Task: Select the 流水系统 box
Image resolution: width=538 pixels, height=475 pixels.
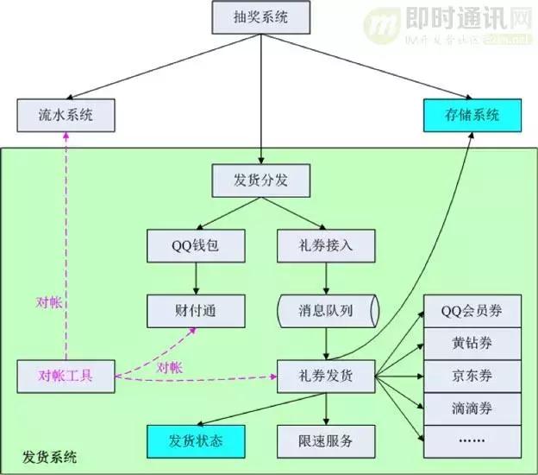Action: tap(66, 116)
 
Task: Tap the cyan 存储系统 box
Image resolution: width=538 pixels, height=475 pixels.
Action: tap(473, 115)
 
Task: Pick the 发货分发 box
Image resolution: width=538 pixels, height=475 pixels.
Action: tap(260, 181)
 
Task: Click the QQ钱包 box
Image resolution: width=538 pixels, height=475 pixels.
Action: tap(196, 245)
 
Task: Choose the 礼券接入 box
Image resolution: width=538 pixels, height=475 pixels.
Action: tap(327, 245)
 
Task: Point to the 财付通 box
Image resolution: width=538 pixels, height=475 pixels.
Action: tap(196, 308)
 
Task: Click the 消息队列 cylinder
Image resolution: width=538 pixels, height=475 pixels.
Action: tap(327, 308)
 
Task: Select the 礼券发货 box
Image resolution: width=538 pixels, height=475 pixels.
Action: tap(327, 376)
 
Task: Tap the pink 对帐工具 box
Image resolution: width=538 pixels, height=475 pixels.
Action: tap(66, 376)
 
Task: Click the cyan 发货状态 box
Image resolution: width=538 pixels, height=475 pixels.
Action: tap(196, 440)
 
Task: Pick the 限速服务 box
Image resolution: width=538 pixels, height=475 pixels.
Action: tap(327, 440)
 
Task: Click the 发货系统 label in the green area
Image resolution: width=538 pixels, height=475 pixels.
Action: tap(48, 456)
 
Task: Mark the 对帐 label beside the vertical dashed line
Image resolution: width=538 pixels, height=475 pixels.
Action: tap(48, 302)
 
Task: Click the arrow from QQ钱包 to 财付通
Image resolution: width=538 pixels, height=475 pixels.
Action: tap(196, 277)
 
